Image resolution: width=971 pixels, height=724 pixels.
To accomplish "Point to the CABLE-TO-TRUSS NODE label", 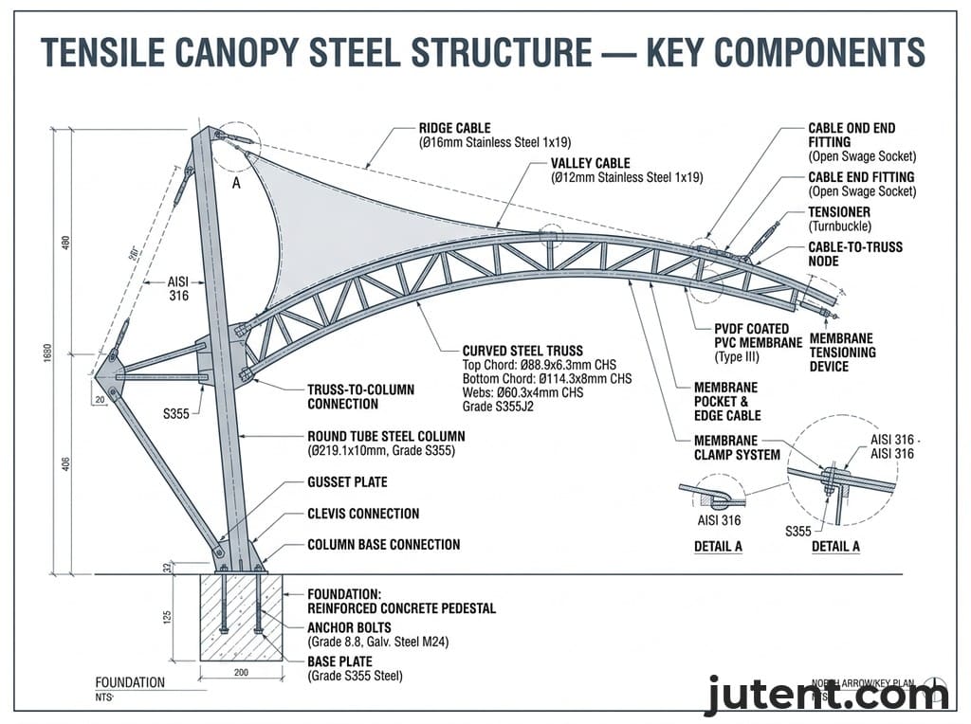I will [x=855, y=254].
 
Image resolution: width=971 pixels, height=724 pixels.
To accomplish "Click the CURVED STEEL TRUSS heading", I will [x=522, y=350].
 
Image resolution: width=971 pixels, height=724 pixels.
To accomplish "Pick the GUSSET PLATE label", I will [x=347, y=482].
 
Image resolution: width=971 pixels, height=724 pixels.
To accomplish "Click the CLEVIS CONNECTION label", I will [x=363, y=514].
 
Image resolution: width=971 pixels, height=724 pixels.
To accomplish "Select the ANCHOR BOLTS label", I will [x=350, y=627].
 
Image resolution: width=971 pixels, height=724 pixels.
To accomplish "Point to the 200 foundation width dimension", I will [x=241, y=671].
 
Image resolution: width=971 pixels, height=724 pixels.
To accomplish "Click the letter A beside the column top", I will [x=236, y=184].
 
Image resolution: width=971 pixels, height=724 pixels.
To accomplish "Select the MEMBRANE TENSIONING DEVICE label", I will [x=842, y=353].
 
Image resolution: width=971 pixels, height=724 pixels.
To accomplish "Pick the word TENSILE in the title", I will [x=103, y=52].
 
